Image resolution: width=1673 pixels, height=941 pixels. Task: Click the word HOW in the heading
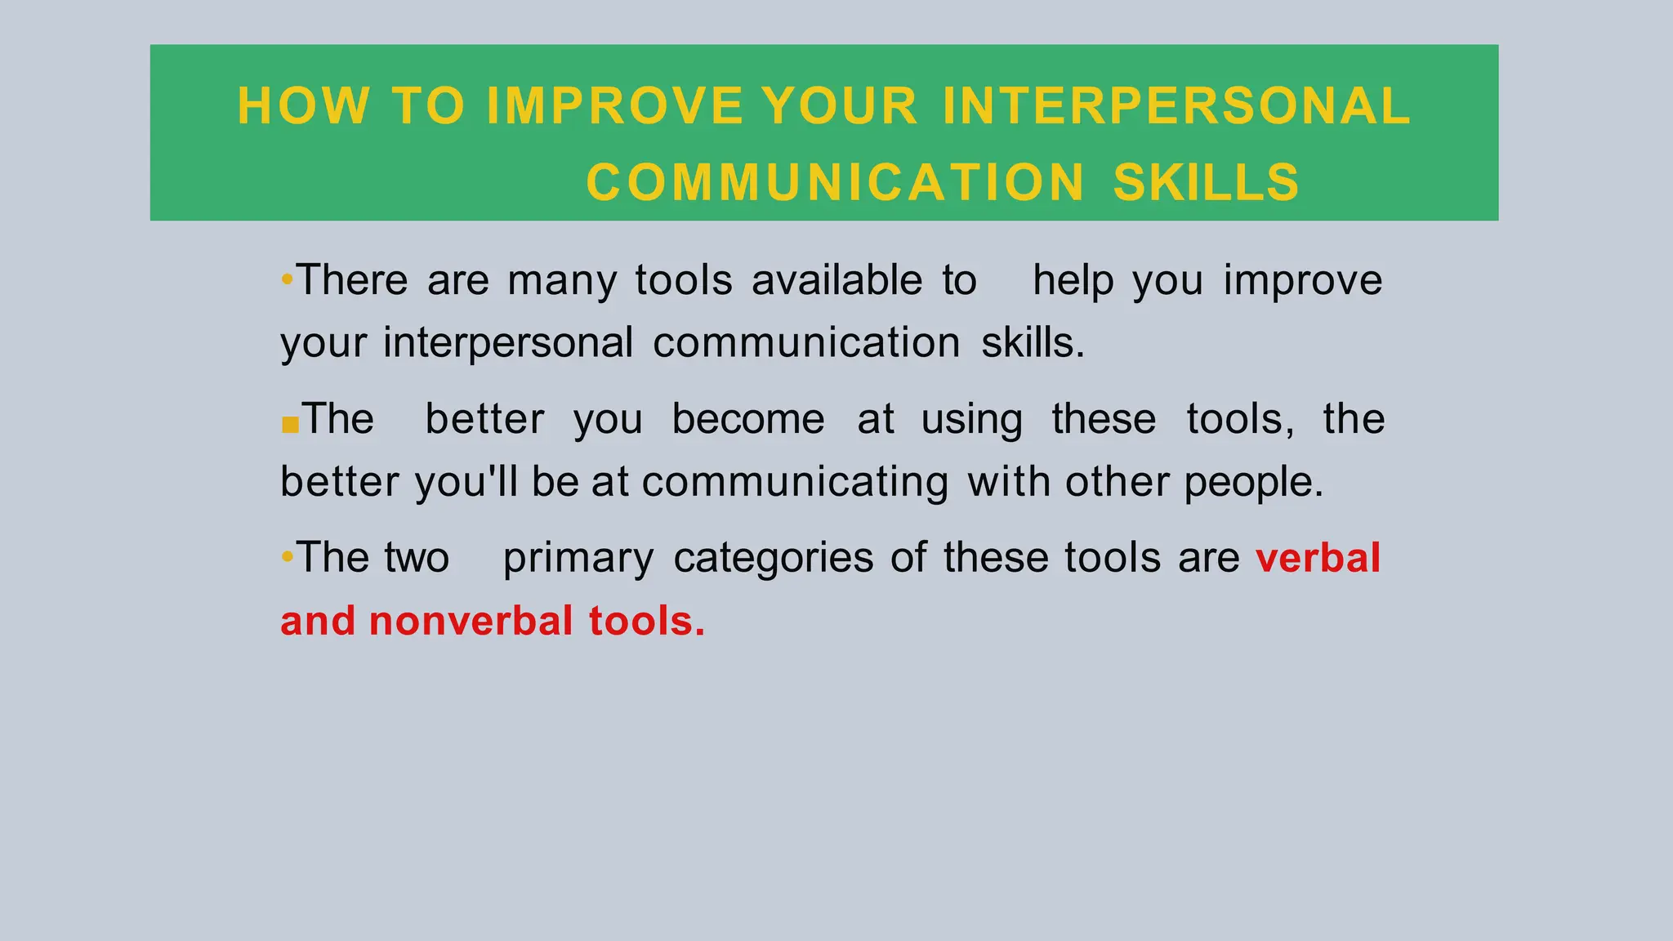tap(302, 106)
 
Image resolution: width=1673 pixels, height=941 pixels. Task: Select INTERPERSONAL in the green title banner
tap(1176, 106)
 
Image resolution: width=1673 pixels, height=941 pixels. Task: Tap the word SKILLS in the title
tap(1206, 181)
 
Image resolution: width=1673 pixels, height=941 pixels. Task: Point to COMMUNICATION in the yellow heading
tap(835, 181)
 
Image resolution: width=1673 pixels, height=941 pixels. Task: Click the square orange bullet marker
tap(289, 425)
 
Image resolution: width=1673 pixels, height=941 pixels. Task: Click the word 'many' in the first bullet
tap(562, 282)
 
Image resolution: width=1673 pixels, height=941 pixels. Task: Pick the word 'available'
tap(836, 280)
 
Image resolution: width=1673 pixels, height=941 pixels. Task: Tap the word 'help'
tap(1073, 282)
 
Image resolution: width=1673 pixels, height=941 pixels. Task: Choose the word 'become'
tap(747, 419)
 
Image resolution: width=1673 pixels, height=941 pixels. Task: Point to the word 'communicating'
tap(795, 483)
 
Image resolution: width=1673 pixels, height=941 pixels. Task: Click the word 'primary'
tap(578, 560)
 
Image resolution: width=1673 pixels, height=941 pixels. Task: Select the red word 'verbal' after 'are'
tap(1318, 558)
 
